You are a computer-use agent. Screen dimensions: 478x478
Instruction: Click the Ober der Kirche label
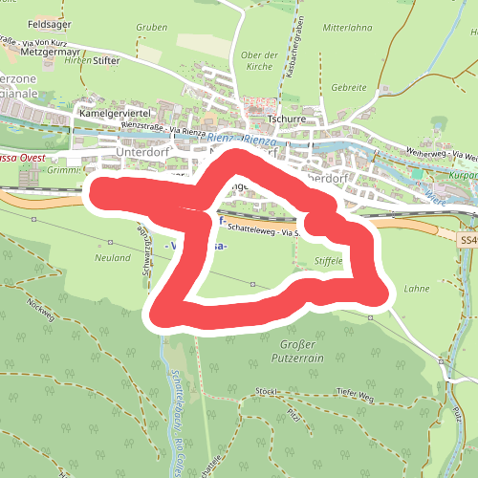point(258,61)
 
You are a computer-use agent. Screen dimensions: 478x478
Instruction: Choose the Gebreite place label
point(349,87)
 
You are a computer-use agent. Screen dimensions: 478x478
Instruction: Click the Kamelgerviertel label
point(117,113)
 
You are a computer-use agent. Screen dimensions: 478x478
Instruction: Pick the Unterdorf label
point(141,152)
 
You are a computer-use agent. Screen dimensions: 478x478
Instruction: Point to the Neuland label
point(113,257)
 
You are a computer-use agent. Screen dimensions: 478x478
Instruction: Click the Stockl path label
point(266,391)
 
